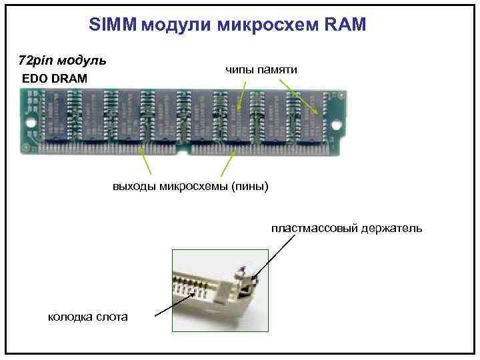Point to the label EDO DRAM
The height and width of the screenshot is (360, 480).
55,79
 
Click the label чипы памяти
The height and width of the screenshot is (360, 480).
261,69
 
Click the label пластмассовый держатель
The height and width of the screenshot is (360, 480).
346,229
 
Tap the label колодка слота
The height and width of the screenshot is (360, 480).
87,316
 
